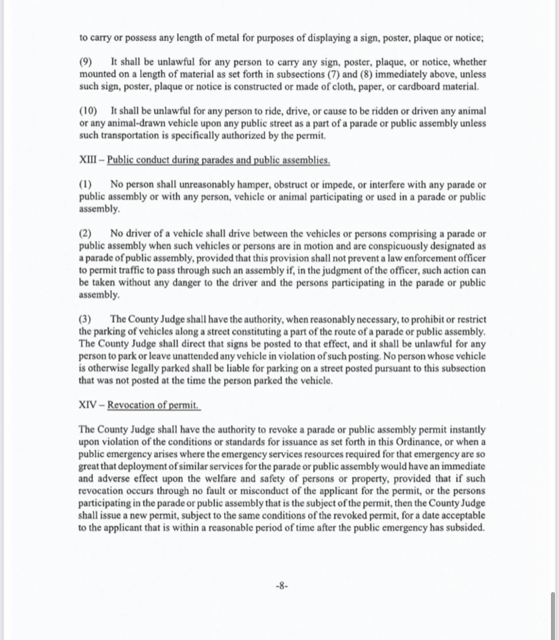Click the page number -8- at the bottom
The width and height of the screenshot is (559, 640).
(x=282, y=586)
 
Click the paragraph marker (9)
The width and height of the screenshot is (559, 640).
(x=86, y=62)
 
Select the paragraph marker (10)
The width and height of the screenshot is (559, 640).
(x=88, y=111)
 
